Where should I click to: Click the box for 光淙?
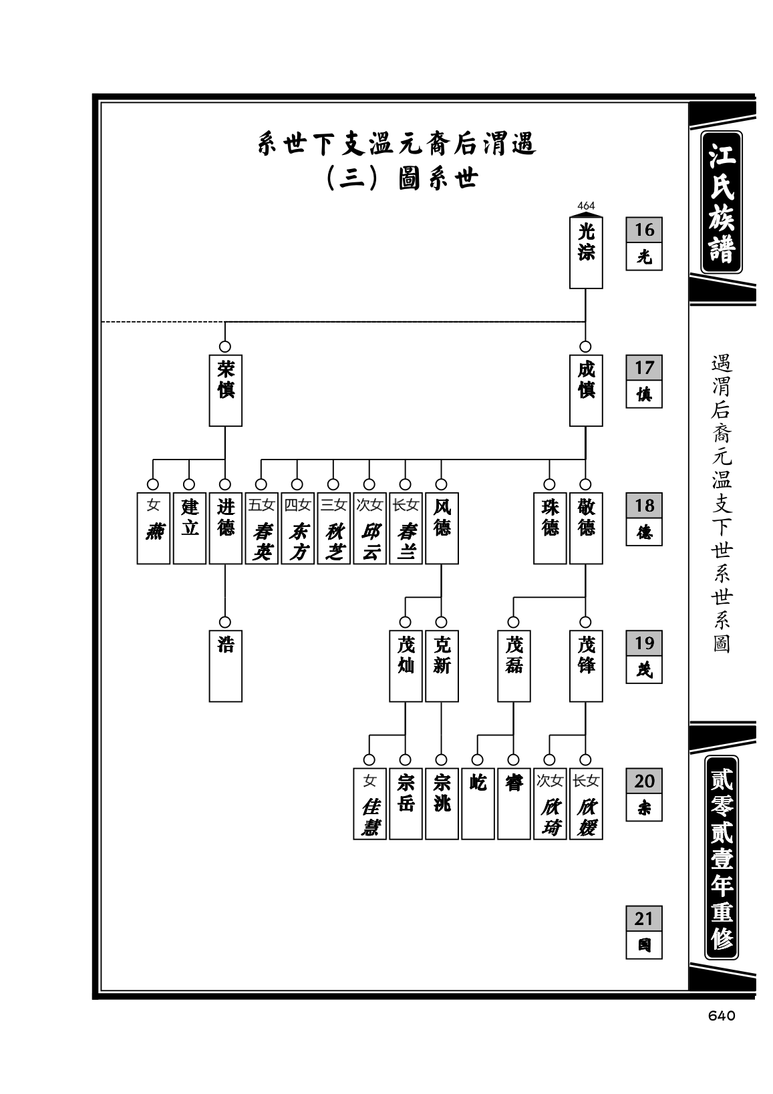click(586, 252)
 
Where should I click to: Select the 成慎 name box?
click(586, 390)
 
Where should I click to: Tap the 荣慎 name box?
click(225, 390)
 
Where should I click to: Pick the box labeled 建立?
click(190, 528)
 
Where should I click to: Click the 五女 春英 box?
click(261, 528)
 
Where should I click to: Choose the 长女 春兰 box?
click(406, 528)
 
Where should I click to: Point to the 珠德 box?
click(550, 528)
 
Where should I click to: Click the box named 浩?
click(225, 666)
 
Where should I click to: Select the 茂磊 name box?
click(514, 666)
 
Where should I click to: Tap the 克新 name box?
click(442, 666)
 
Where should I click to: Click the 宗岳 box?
click(406, 803)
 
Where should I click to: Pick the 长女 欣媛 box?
click(586, 803)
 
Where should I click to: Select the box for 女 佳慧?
click(369, 803)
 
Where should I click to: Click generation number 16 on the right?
click(644, 230)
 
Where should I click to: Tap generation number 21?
click(644, 918)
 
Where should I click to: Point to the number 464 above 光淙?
click(586, 206)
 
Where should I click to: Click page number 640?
click(721, 1016)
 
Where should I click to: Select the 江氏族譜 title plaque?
click(721, 202)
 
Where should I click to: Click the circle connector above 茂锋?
click(585, 622)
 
